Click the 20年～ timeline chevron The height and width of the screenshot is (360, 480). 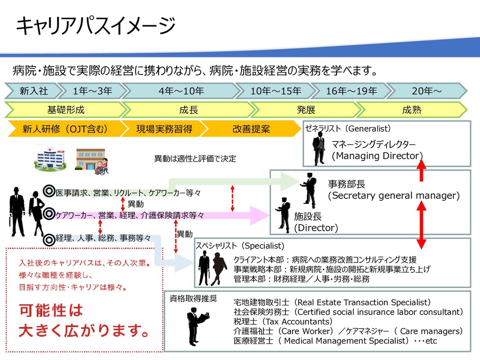[x=427, y=90]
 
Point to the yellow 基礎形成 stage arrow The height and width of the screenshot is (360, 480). [x=66, y=110]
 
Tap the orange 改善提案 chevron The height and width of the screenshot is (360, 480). [x=251, y=129]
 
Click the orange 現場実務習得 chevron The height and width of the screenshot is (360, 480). [x=164, y=129]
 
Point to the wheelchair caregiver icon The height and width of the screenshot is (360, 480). [x=101, y=166]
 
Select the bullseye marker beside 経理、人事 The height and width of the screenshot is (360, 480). [x=49, y=240]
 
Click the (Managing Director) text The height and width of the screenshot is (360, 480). [x=377, y=156]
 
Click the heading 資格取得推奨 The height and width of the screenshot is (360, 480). [x=193, y=299]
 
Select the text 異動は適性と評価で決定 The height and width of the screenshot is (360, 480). [x=195, y=159]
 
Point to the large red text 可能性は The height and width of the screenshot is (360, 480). [x=51, y=310]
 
